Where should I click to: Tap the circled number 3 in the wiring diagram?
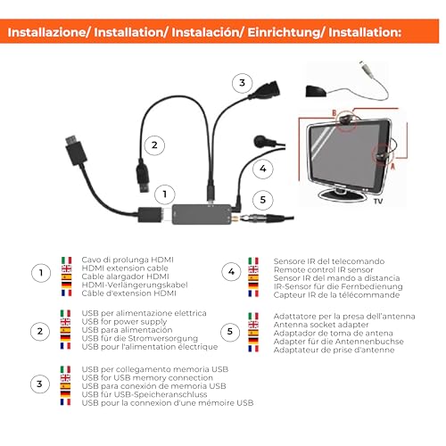(x=239, y=83)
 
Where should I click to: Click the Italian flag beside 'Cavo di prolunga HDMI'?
(x=65, y=259)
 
